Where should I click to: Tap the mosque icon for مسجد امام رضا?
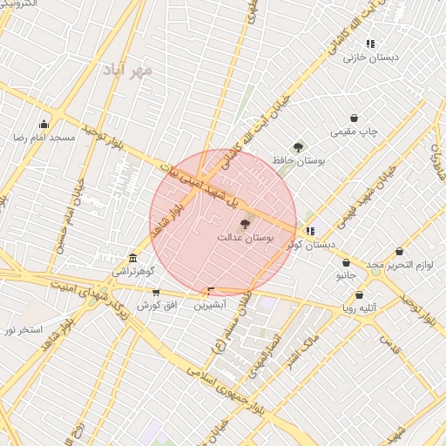[44, 124]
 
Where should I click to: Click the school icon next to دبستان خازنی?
[370, 44]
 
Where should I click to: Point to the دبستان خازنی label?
[370, 57]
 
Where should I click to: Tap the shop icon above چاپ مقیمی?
[355, 118]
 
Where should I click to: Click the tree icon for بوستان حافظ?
[299, 147]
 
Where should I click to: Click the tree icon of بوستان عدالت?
[243, 224]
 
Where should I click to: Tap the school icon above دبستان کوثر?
[310, 231]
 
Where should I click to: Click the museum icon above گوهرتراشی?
[132, 259]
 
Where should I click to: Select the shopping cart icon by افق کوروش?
[156, 293]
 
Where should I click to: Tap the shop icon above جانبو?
[346, 261]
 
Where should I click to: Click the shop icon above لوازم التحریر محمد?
[399, 251]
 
